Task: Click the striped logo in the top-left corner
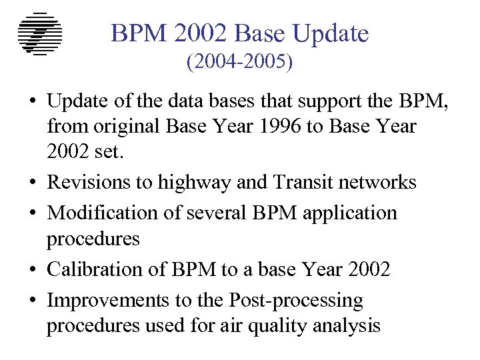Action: click(40, 34)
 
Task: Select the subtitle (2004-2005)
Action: click(240, 63)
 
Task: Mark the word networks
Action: click(379, 182)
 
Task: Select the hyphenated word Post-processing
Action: click(297, 301)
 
